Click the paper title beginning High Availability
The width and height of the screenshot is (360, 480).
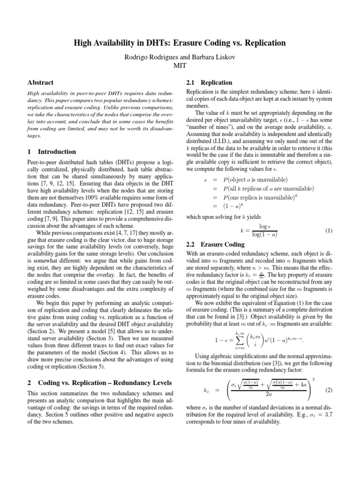180,43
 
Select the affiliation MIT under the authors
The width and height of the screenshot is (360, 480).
180,65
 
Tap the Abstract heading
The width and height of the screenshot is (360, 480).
41,82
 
